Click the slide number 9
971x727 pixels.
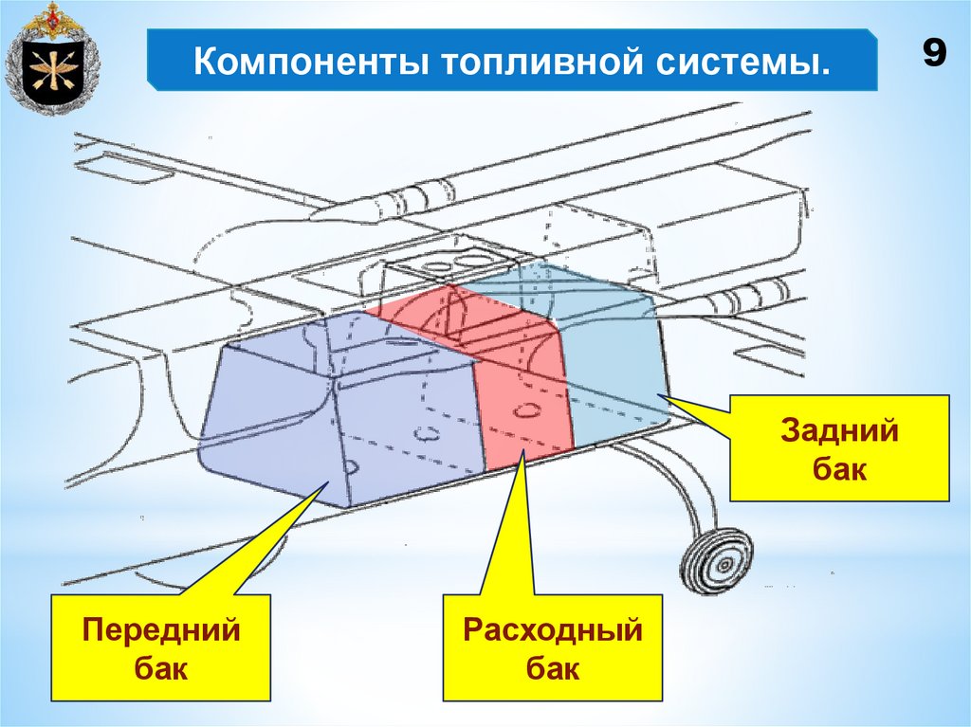[x=933, y=55]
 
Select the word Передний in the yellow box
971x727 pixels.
[x=161, y=629]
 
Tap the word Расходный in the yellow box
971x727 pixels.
[x=553, y=629]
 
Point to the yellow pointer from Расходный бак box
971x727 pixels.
[x=506, y=531]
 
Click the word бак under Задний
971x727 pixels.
[x=838, y=468]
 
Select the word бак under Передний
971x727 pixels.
[x=161, y=669]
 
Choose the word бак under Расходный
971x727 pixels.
[x=553, y=669]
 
